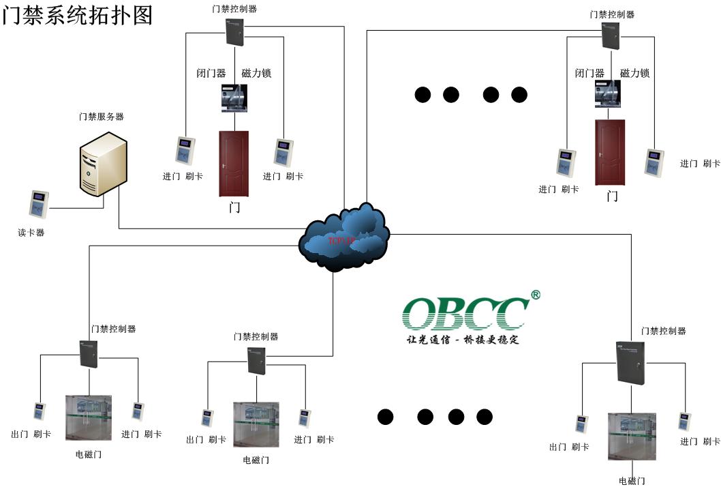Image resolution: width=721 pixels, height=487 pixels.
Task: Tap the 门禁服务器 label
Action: click(x=101, y=117)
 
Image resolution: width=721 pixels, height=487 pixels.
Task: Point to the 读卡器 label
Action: click(x=31, y=233)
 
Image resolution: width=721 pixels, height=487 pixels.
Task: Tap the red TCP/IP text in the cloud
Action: click(x=341, y=241)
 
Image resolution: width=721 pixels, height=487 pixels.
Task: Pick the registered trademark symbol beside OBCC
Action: click(x=535, y=295)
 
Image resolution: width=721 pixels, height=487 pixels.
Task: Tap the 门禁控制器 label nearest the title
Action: click(x=234, y=9)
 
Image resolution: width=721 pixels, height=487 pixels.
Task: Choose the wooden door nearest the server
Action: click(x=234, y=164)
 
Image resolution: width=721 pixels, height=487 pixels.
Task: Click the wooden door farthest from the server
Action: click(x=610, y=152)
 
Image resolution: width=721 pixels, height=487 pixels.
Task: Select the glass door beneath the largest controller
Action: click(x=632, y=436)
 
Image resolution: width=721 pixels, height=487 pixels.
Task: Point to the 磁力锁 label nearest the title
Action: click(x=257, y=73)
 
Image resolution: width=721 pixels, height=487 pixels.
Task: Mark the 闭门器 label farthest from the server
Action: click(x=589, y=73)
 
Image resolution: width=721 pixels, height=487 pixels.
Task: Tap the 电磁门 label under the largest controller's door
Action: click(x=632, y=481)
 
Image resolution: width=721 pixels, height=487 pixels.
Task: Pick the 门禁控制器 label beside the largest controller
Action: click(x=663, y=331)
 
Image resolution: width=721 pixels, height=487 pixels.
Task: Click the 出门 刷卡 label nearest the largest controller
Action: click(x=569, y=447)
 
